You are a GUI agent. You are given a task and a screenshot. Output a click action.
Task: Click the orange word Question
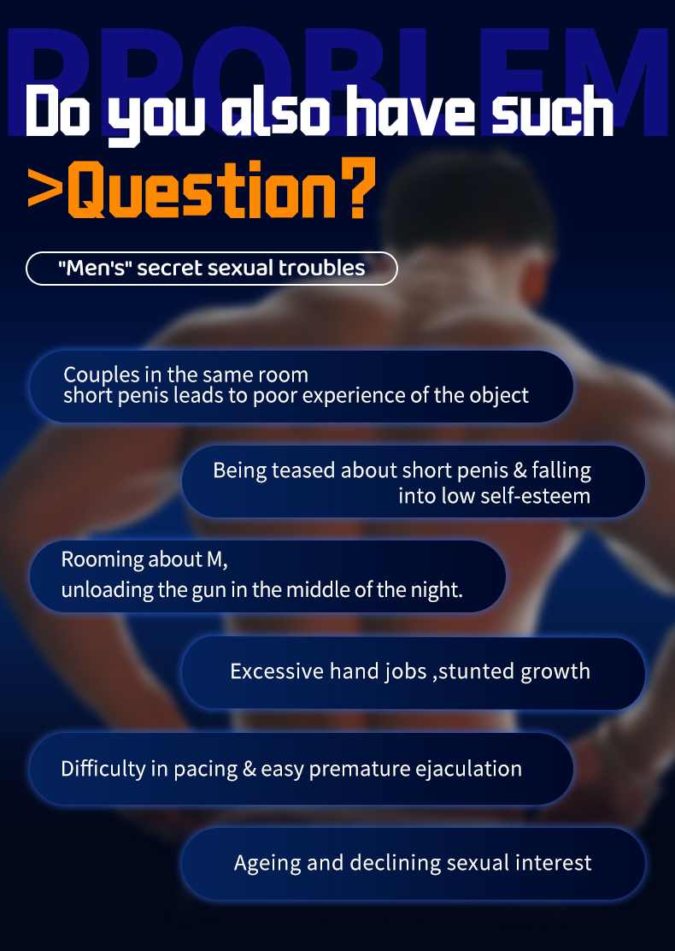[x=202, y=189]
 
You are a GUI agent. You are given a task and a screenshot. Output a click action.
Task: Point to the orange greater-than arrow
[x=44, y=189]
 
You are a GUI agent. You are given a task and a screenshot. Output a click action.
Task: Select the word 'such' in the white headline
[x=553, y=113]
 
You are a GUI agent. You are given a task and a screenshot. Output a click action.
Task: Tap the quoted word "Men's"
[x=95, y=268]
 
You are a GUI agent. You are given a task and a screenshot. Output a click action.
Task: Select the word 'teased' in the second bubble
[x=303, y=470]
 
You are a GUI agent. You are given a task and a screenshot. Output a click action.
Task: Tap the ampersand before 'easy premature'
[x=249, y=769]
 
